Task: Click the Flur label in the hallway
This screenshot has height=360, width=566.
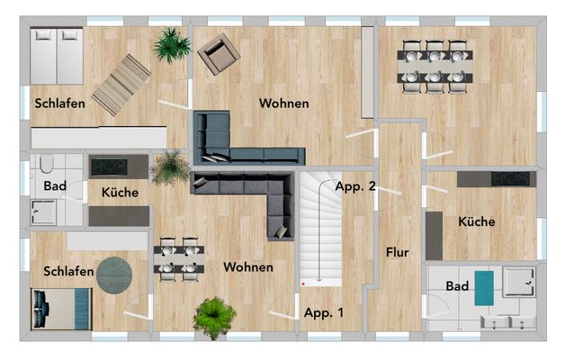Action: click(x=397, y=253)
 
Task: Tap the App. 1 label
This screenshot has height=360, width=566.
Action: click(x=324, y=313)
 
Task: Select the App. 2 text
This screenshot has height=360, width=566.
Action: click(x=355, y=187)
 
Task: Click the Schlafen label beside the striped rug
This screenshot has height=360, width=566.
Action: click(x=60, y=103)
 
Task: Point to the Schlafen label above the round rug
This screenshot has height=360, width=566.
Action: click(x=68, y=271)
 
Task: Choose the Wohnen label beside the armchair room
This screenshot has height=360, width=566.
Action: click(x=284, y=103)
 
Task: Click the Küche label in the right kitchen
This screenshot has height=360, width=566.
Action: click(x=476, y=221)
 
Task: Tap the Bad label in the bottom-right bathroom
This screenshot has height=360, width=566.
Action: click(x=457, y=286)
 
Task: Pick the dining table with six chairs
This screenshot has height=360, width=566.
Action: click(x=436, y=64)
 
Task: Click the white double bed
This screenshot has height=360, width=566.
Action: click(x=57, y=53)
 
